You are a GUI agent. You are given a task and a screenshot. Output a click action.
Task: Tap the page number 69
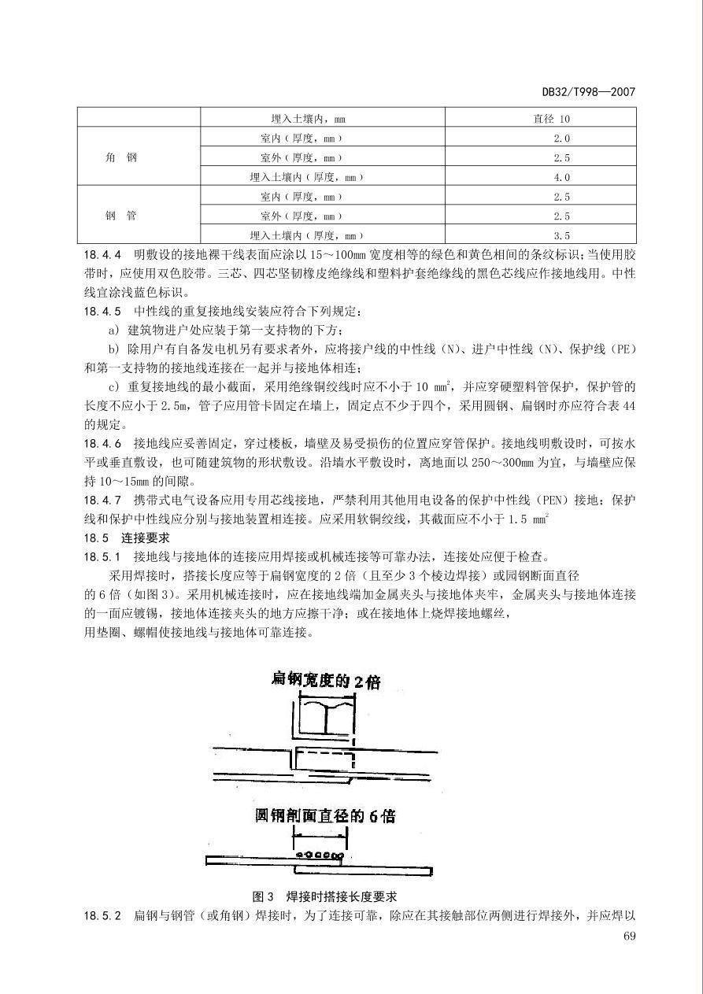(628, 936)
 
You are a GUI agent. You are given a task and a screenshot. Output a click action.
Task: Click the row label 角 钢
(121, 157)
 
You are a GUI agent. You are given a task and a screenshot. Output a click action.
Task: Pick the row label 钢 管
(121, 216)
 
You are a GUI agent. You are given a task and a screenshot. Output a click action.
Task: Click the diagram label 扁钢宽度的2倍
(325, 681)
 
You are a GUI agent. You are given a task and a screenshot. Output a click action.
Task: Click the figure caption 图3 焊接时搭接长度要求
(324, 896)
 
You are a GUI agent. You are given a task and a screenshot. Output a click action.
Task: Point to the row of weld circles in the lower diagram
(318, 855)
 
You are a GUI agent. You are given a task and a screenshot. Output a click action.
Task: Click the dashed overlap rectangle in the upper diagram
(324, 759)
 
